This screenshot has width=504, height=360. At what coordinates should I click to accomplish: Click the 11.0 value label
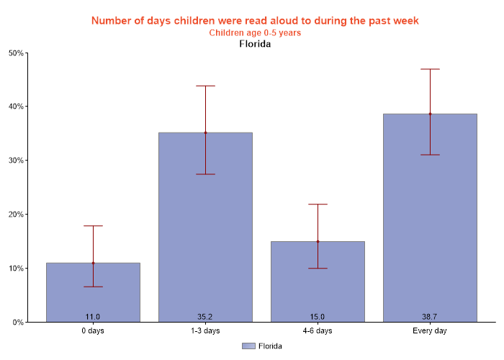coord(93,317)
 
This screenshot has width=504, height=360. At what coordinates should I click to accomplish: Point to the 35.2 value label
coord(205,317)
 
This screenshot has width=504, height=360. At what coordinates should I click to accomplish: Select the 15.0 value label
coord(318,317)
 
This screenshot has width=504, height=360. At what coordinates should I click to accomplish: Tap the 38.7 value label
coord(430,317)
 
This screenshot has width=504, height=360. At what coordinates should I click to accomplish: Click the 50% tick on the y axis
coord(16,53)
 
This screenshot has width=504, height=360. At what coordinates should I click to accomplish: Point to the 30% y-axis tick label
coord(16,161)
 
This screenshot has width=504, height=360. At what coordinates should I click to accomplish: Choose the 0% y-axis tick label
coord(18,323)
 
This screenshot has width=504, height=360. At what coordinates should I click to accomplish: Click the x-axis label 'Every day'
coord(430,331)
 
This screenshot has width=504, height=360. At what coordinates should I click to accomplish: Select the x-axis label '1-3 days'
coord(205,331)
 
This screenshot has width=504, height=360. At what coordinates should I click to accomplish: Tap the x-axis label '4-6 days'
coord(318,331)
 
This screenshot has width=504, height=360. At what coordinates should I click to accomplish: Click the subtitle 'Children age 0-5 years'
coord(255,33)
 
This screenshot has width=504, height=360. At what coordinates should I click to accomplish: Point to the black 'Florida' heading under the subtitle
coord(255,44)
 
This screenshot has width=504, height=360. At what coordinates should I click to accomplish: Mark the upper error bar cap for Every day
coord(430,69)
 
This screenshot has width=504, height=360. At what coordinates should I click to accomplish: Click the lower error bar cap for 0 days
coord(93,287)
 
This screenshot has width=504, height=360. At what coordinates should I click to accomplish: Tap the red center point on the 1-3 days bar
coord(205,132)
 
